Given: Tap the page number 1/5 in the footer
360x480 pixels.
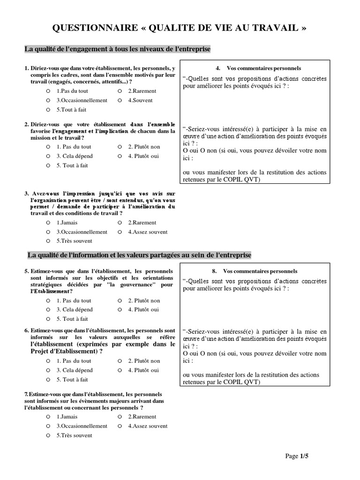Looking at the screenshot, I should coord(304,456).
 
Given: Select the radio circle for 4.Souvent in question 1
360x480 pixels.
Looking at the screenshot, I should coord(120,100).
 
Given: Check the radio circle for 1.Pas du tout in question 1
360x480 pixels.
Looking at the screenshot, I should coord(48,91).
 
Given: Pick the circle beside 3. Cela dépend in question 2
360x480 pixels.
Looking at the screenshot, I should coord(48,156).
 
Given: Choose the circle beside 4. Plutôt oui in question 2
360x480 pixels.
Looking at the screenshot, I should coord(120,156).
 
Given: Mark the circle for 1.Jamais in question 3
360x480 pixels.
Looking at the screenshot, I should coord(48,223).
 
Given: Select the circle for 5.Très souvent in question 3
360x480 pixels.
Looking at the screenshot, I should coord(48,241).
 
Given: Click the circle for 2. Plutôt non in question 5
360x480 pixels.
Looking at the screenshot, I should coord(120,300).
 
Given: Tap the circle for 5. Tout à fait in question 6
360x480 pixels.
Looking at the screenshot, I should coord(48,379).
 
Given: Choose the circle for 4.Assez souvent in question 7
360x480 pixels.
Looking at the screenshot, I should coord(120,426).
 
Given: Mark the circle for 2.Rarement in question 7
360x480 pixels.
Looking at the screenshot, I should coord(120,417).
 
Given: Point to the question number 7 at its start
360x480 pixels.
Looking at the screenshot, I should coord(26,394).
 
